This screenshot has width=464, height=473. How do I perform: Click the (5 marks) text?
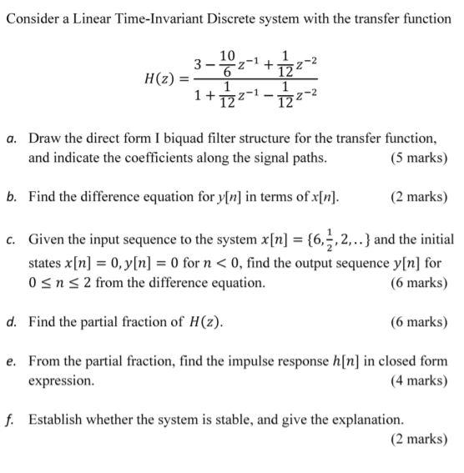coord(418,158)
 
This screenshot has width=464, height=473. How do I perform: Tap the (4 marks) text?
coord(418,381)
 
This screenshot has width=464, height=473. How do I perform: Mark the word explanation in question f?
coord(369,420)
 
